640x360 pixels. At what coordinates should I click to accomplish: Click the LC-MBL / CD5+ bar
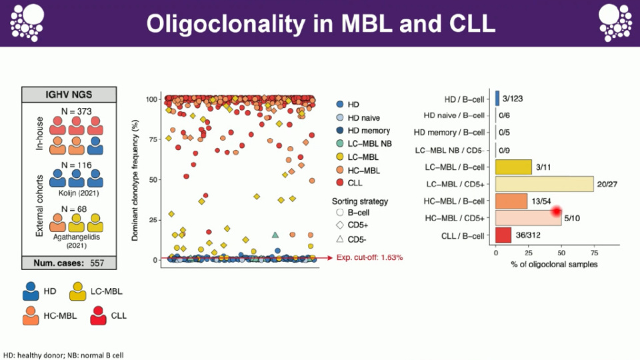[x=544, y=184]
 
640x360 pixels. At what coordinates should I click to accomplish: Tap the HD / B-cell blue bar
[x=497, y=98]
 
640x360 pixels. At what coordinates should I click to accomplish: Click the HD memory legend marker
[x=340, y=131]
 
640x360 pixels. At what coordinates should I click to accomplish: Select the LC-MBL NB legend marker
[x=340, y=143]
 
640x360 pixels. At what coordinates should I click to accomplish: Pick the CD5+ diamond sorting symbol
[x=340, y=225]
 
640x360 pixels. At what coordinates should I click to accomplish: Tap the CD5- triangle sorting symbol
[x=340, y=238]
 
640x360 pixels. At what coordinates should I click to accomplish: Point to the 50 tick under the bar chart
[x=561, y=254]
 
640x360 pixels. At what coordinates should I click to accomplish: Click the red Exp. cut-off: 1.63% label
[x=369, y=257]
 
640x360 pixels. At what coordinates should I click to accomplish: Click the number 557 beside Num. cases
[x=97, y=263]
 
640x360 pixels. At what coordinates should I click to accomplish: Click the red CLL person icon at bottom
[x=101, y=314]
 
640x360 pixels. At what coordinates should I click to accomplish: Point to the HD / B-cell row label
[x=465, y=98]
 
